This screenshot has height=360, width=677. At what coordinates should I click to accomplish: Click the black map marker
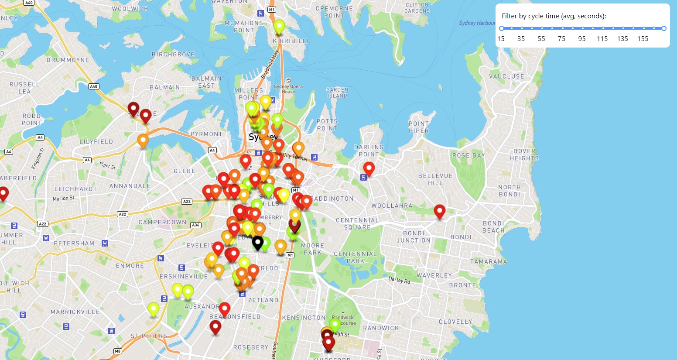pos(258,242)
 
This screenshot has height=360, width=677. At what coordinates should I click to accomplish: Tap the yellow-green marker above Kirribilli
pos(279,27)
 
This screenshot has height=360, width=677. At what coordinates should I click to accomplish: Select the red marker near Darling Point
pos(369,168)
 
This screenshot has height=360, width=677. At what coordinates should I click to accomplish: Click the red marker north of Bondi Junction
pos(440,211)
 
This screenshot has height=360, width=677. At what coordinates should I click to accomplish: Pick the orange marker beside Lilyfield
pos(143,141)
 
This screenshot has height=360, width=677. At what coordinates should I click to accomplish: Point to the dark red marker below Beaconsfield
pos(215,326)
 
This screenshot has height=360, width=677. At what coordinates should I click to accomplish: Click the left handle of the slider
pos(502,28)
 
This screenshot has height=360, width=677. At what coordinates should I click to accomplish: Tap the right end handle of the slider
pos(664,28)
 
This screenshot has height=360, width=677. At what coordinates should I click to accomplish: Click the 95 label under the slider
pos(582,39)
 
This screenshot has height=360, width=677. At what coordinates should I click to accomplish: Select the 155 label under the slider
pos(643,39)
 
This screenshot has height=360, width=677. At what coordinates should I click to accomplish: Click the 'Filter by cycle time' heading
pos(554,16)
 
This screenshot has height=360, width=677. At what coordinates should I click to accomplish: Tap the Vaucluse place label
pos(506,76)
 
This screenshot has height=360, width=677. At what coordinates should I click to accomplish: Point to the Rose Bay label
pos(468,155)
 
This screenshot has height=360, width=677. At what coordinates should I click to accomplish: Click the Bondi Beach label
pos(493,227)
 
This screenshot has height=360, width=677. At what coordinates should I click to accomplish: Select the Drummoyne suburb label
pos(68,60)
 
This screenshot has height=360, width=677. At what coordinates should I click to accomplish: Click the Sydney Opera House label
pos(288,89)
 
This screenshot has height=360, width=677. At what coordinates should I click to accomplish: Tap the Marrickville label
pos(75,312)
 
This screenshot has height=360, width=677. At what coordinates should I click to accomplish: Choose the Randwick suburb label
pos(381,328)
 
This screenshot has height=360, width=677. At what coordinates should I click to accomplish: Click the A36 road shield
pos(195,225)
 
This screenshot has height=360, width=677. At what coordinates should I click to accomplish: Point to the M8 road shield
pos(117,351)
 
